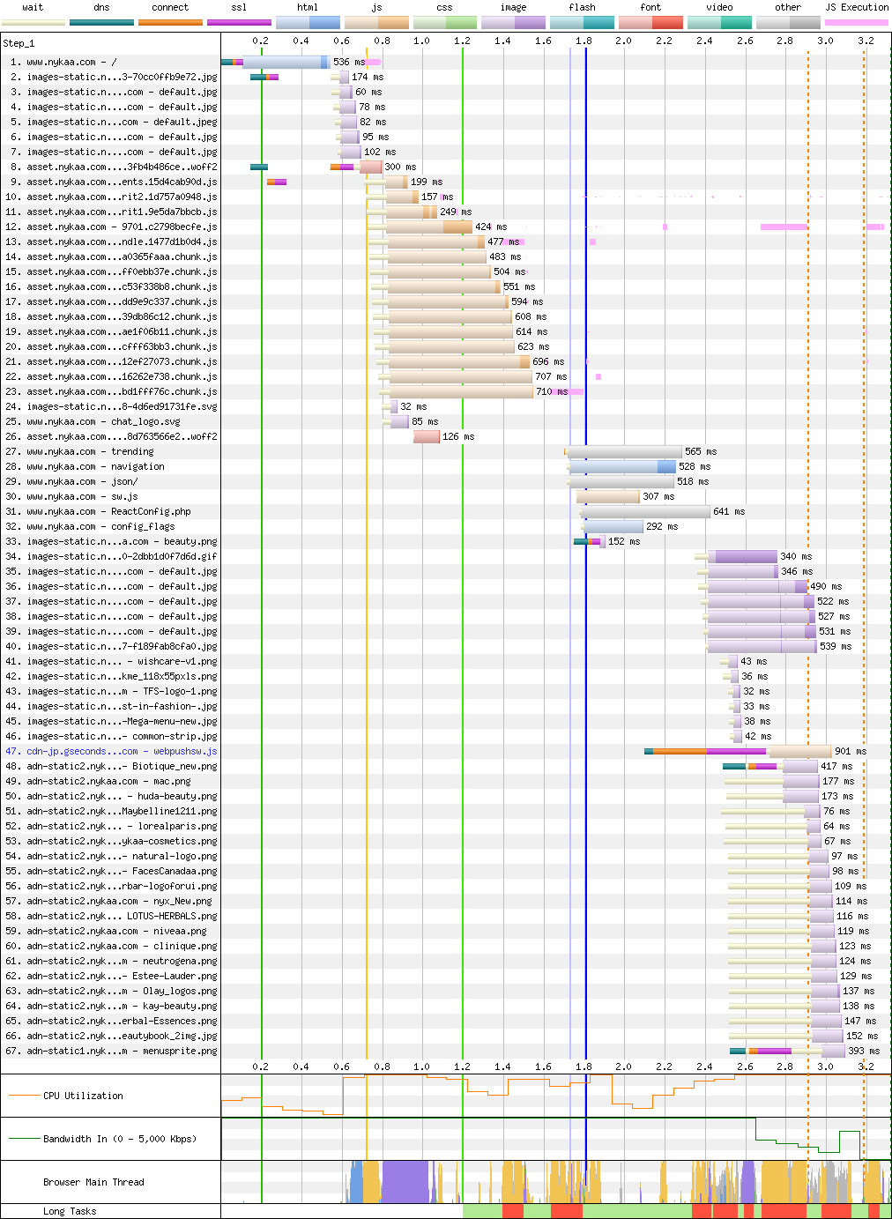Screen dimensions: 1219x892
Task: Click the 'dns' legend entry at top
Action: tap(101, 8)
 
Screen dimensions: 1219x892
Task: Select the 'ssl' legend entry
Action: tap(239, 8)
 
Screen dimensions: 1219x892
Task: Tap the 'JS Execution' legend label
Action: tap(857, 8)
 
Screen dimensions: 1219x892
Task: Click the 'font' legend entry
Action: tap(650, 8)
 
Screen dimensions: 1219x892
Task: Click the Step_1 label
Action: tap(19, 43)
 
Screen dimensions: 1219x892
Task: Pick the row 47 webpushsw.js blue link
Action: tap(122, 752)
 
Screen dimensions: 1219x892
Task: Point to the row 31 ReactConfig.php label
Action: tap(108, 512)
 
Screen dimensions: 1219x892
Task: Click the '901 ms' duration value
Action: tap(850, 752)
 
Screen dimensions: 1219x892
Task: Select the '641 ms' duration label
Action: tap(728, 512)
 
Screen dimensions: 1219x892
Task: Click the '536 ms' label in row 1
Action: tap(348, 63)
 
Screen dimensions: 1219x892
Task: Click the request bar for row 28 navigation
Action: tap(622, 467)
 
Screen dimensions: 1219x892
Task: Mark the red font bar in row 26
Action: tap(427, 437)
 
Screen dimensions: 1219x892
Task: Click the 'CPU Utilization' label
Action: tap(83, 1096)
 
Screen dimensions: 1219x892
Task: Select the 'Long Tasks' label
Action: tap(70, 1211)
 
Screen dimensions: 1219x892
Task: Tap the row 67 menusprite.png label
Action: tap(122, 1052)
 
